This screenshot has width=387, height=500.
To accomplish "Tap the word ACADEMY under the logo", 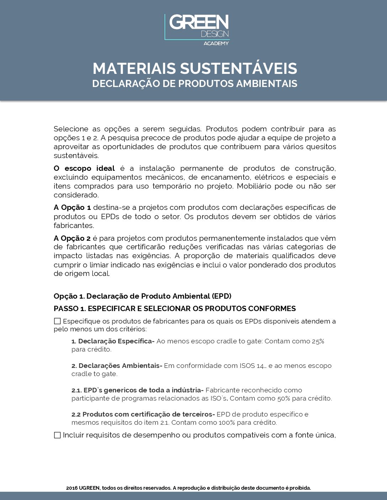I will pos(216,43).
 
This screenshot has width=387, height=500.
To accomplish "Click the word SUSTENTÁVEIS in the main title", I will pos(238,69).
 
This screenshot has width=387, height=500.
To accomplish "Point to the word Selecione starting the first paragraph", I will pos(71,129).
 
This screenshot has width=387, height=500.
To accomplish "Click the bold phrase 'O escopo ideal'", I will pos(84,168).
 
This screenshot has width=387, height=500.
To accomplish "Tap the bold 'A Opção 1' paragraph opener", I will pos(72,207).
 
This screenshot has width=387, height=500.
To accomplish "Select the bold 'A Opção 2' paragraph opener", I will pos(72,238).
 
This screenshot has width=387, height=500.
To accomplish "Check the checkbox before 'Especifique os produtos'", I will pos(57,321).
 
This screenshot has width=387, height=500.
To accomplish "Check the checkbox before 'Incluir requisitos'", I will pos(57,435).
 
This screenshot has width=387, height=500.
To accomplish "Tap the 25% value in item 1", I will pos(318,341).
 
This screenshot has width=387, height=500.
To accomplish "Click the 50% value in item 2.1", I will pos(284,398).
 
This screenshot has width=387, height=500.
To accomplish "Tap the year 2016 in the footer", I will pos(72,488).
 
